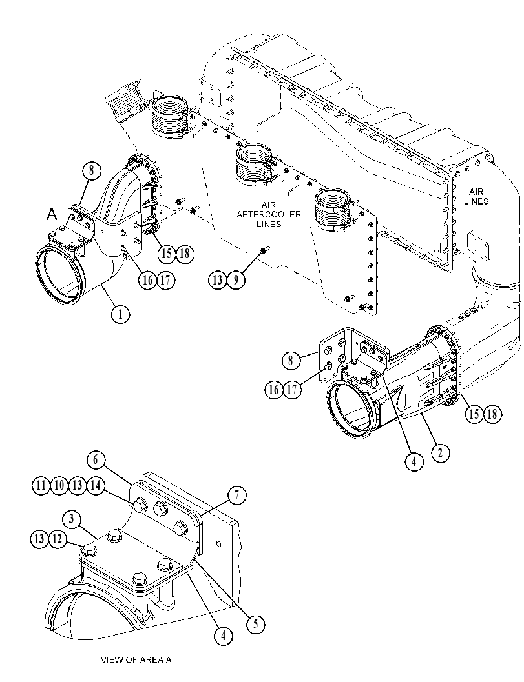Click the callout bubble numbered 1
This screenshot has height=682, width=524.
point(120,314)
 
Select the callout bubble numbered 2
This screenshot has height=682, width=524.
point(441,453)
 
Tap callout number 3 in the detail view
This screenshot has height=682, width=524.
point(72,519)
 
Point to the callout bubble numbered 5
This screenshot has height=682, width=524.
point(255,625)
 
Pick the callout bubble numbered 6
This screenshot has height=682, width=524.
point(96,460)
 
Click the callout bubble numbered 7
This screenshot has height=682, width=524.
point(237,495)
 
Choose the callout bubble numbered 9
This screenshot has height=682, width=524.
point(236,279)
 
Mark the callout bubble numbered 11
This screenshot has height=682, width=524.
point(41,485)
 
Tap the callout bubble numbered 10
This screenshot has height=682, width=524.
point(59,485)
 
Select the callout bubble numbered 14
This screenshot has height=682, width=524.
point(96,485)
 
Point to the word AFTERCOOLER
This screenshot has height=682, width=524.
point(269,214)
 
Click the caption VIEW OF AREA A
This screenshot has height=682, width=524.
point(136,660)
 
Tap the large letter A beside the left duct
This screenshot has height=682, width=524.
point(52,214)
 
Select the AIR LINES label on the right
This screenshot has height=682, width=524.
point(476,197)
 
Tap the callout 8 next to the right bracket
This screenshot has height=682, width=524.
point(291,360)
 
